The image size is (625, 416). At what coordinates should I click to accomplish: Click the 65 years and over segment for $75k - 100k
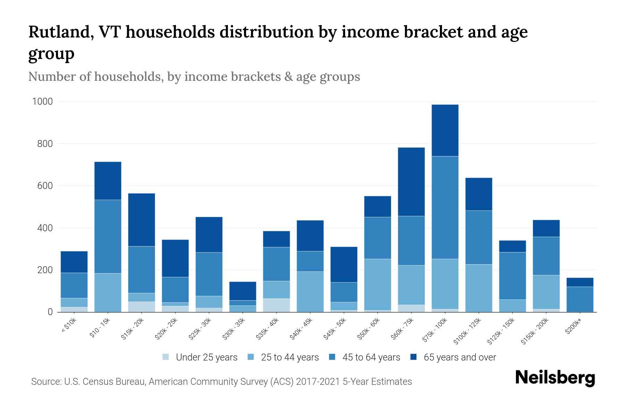(x=445, y=130)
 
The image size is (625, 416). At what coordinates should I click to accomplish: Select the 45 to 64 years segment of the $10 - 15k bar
(x=108, y=236)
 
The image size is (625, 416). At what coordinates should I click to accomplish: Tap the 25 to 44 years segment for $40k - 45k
(x=310, y=292)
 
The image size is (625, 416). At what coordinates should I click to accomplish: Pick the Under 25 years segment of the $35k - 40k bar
(x=276, y=305)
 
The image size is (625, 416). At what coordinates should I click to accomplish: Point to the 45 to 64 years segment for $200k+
(x=580, y=299)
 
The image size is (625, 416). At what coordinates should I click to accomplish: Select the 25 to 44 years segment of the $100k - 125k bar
(x=478, y=288)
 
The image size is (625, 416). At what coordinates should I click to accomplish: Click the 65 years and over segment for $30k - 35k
(x=243, y=291)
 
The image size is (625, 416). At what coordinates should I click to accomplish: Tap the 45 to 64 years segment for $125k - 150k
(x=512, y=276)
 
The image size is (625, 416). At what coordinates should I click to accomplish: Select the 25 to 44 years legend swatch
(x=251, y=357)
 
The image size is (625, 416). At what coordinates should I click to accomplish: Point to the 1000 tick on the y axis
(x=42, y=102)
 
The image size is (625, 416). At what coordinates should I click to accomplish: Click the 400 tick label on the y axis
(x=45, y=228)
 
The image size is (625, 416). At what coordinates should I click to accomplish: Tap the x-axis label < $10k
(x=69, y=326)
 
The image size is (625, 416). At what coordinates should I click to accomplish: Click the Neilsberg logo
(x=555, y=378)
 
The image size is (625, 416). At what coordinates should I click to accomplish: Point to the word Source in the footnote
(x=45, y=382)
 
